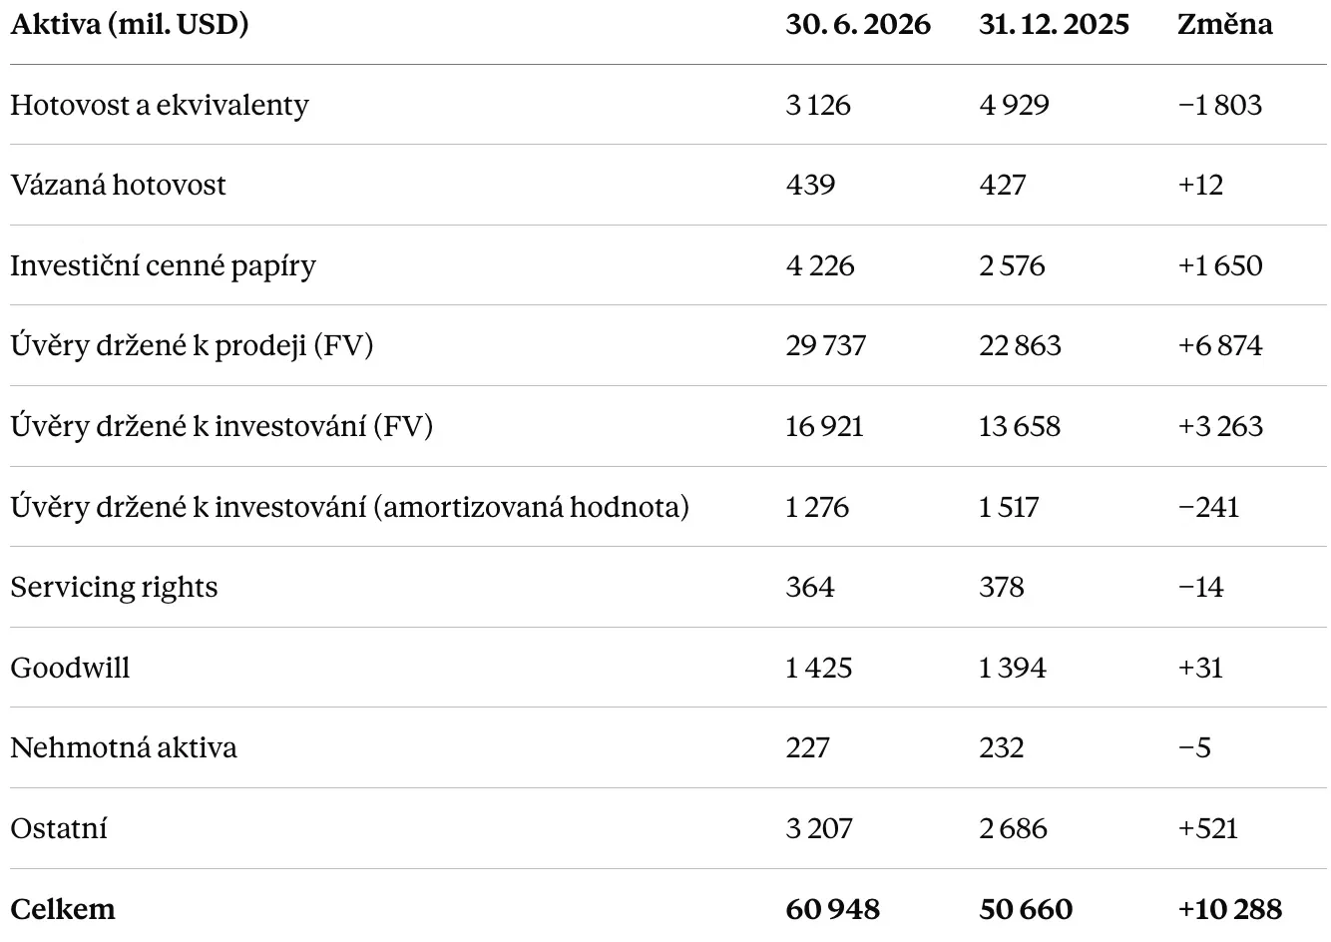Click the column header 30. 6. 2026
pos(857,24)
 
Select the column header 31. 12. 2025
pos(1054,24)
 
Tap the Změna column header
pos(1224,24)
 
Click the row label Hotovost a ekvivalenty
pos(160,106)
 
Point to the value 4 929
pos(1014,105)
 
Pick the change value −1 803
pos(1220,105)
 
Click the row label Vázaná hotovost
pos(119,185)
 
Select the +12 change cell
pos(1201,185)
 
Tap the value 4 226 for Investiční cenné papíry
pos(820,265)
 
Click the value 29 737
pos(826,346)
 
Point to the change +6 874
pos(1220,346)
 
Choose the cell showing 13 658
pos(1020,427)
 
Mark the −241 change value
pos(1208,508)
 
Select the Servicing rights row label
pos(114,588)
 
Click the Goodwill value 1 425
pos(819,668)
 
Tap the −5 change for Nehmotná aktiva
pos(1194,748)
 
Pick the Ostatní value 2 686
pos(1013,829)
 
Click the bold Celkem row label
pos(63,909)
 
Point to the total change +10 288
pos(1230,909)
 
